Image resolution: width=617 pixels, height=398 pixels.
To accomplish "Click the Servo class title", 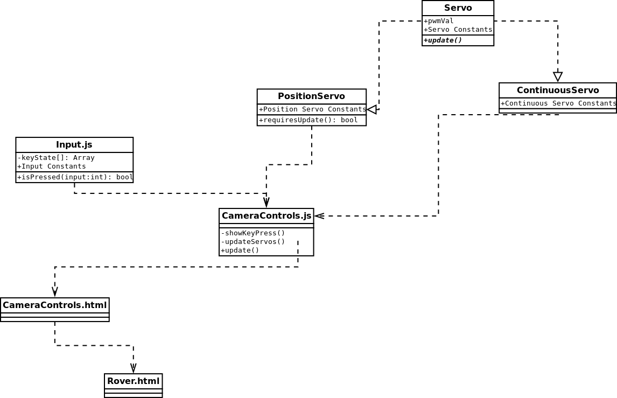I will pos(458,8).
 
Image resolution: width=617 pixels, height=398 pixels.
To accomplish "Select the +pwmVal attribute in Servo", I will pos(439,21).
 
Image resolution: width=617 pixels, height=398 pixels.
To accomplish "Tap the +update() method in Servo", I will pos(443,40).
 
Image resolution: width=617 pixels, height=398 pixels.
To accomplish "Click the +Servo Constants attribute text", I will pos(458,30).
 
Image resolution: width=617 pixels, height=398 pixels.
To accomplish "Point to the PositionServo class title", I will pos(311,96).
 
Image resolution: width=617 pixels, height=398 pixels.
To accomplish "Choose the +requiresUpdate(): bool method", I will pos(308,120).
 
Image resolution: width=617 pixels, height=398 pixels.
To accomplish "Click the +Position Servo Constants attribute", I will pos(312,109).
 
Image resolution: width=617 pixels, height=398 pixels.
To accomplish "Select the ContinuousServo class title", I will pos(557,90).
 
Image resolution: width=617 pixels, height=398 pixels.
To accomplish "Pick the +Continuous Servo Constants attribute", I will pos(558,103).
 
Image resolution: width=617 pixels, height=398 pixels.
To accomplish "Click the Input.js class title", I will pos(74,145).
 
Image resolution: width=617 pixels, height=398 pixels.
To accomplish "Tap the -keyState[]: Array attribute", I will pos(56,158).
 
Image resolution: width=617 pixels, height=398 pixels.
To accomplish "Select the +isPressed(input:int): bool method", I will pos(75,177).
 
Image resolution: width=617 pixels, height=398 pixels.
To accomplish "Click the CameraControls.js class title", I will pos(267,216).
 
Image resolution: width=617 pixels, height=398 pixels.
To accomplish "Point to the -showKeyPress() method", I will pos(253,233).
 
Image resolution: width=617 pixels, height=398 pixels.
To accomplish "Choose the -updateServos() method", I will pos(253,242).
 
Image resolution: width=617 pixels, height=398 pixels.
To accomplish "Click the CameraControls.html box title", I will pos(54,305).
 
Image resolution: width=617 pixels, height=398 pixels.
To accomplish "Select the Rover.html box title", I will pos(134,381).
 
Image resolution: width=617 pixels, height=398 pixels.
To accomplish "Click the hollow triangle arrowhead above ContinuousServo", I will pos(558,76).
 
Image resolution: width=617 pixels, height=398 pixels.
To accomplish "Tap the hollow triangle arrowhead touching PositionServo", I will pos(372,110).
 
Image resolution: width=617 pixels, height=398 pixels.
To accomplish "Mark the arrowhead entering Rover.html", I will pos(134,368).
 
